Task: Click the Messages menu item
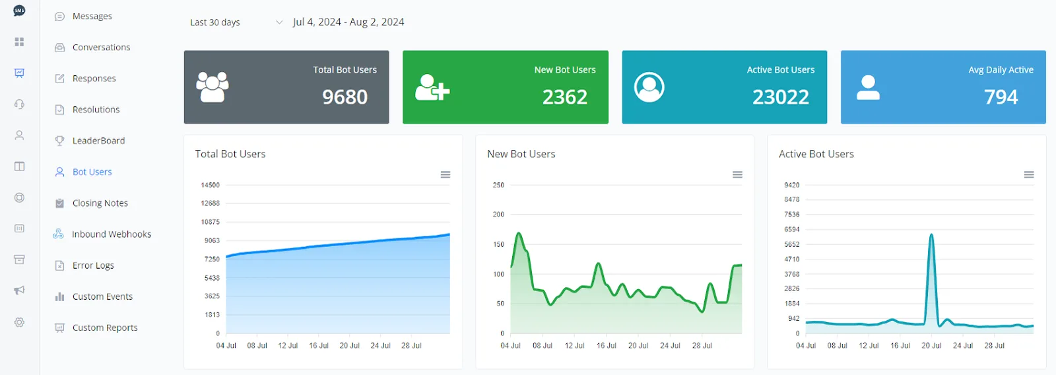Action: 92,16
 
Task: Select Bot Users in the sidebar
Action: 92,172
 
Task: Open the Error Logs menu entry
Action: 93,265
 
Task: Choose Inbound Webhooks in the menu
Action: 112,234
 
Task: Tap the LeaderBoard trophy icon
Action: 59,141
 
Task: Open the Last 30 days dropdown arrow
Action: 279,22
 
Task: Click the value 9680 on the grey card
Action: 345,96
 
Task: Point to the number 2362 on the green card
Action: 565,96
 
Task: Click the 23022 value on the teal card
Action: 781,96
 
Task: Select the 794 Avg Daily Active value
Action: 1001,96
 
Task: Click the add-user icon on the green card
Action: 432,87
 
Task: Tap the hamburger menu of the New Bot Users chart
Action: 737,174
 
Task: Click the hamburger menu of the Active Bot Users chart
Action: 1029,174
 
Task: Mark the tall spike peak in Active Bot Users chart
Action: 931,234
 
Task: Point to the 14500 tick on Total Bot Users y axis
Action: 211,185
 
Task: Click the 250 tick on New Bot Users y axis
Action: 498,185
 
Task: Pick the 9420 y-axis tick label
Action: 792,185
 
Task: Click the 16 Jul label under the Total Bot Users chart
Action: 319,345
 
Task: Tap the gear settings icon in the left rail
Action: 19,322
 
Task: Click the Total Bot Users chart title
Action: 230,154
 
